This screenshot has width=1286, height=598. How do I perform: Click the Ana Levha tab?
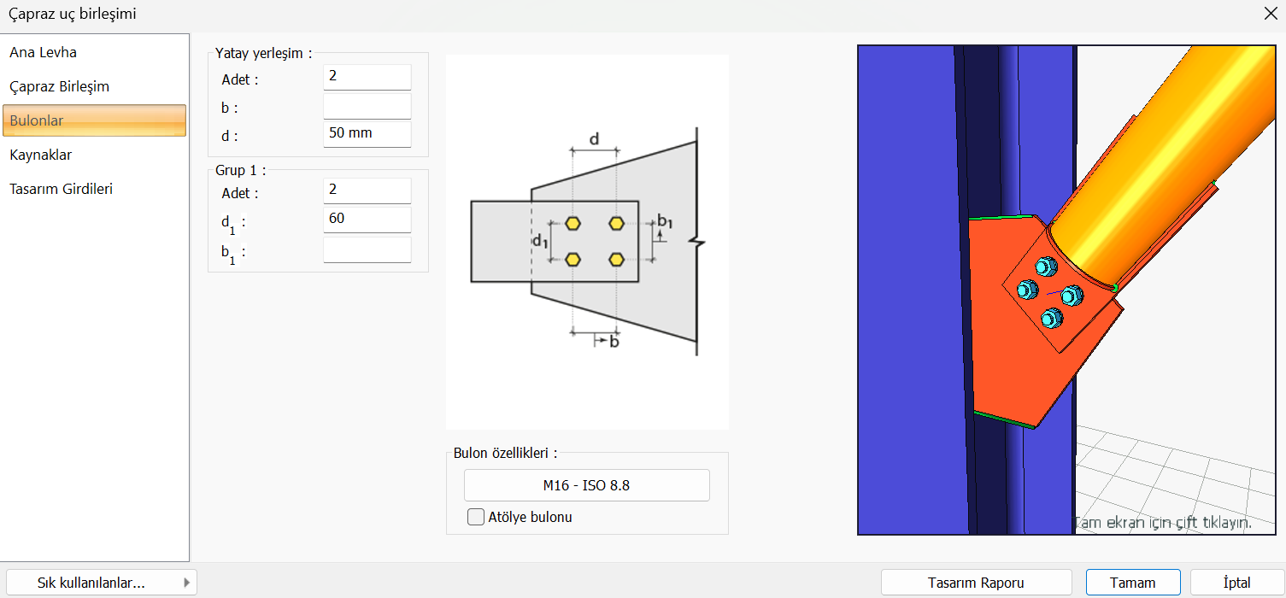(44, 52)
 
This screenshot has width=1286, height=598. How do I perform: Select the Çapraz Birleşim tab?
(60, 86)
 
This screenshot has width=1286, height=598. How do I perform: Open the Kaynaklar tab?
(41, 155)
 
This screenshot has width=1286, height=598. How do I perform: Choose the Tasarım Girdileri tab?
(62, 189)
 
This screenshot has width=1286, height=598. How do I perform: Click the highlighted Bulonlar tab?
(94, 120)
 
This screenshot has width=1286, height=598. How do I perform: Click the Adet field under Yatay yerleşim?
(367, 77)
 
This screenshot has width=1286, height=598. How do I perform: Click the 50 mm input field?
(367, 133)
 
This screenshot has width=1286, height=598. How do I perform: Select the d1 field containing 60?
(367, 219)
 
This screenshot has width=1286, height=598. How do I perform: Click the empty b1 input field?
(367, 249)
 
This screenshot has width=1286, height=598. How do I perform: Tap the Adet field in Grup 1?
(367, 191)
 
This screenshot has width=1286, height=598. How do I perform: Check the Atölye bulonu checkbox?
(476, 517)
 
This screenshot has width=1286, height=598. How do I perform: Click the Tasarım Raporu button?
(976, 583)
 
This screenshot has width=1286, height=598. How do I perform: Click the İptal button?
(1236, 583)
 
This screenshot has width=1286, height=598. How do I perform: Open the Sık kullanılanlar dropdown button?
(101, 583)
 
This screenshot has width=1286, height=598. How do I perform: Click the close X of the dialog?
(1270, 13)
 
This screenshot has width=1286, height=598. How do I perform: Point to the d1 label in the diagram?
(539, 242)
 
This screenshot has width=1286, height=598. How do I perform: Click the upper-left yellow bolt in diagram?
(573, 224)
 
